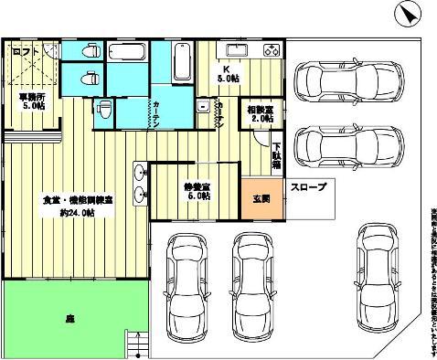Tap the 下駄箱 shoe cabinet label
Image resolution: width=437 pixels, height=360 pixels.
tap(277, 154)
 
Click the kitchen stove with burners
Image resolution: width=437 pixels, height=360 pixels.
tap(270, 48)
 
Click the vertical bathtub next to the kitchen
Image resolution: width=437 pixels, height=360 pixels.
tap(181, 68)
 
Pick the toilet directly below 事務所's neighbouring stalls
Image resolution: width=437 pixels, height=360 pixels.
tap(103, 111)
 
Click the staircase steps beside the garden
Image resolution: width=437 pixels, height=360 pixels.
tap(135, 343)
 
